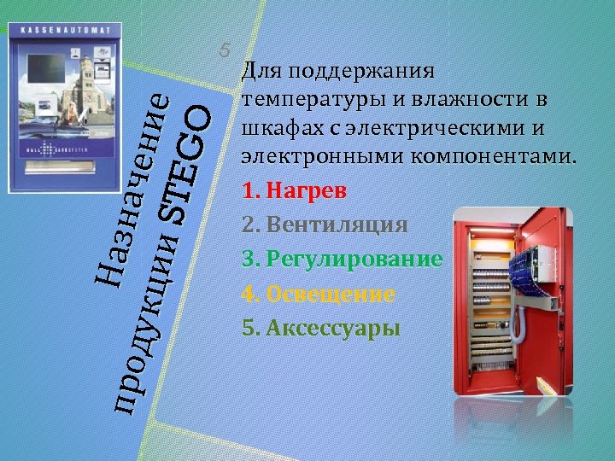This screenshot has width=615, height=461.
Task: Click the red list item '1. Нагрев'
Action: pos(295,190)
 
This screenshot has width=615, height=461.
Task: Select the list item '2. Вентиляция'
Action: pos(325,225)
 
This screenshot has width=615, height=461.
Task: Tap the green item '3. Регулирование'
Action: pos(342,259)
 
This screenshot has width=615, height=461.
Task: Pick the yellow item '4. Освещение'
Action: pos(319,295)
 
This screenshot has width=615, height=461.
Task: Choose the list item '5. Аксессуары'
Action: pos(321,329)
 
